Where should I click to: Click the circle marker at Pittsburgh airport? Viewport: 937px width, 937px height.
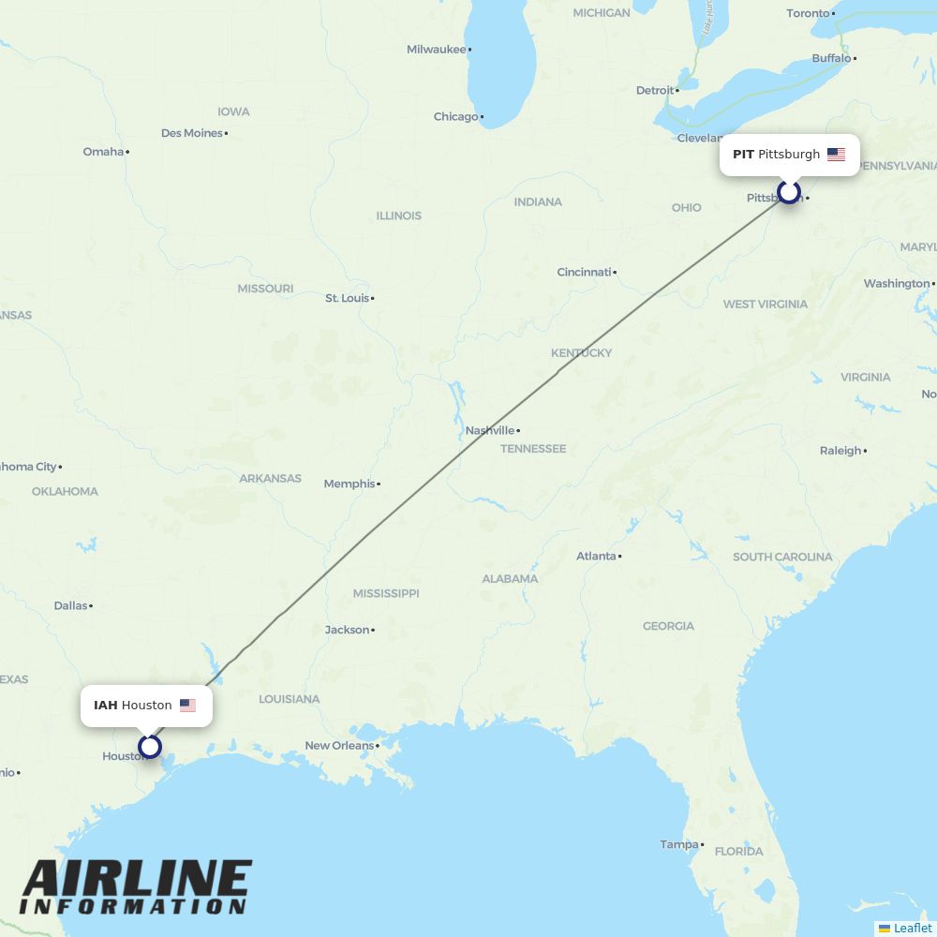click(x=789, y=192)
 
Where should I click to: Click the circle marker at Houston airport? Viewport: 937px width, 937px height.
click(x=149, y=747)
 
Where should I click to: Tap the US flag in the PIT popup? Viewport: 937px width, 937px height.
click(x=836, y=155)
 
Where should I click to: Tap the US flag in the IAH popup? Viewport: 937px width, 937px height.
click(x=187, y=706)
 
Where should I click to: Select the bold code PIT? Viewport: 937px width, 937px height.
click(x=743, y=155)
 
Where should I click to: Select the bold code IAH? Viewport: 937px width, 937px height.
click(x=105, y=706)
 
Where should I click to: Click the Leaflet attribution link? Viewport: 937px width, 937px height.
click(x=912, y=928)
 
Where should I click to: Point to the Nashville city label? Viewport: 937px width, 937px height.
click(x=490, y=430)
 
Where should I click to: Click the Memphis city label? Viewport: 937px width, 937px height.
click(x=349, y=483)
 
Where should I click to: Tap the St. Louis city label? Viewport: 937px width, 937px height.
click(x=347, y=298)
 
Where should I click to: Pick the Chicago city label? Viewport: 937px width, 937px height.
click(x=455, y=116)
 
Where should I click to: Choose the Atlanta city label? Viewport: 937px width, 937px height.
click(x=596, y=556)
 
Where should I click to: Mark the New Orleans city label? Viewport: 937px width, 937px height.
click(x=338, y=746)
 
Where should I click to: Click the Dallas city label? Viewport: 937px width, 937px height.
click(x=70, y=605)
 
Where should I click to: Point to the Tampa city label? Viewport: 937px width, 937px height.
click(x=679, y=844)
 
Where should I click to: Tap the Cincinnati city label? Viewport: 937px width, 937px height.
click(x=584, y=272)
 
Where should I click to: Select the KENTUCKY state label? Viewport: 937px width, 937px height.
click(x=581, y=353)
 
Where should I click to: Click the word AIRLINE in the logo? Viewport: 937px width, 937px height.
click(x=137, y=879)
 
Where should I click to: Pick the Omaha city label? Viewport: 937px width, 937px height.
click(x=103, y=152)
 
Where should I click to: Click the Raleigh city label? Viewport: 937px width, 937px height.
click(x=840, y=451)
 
